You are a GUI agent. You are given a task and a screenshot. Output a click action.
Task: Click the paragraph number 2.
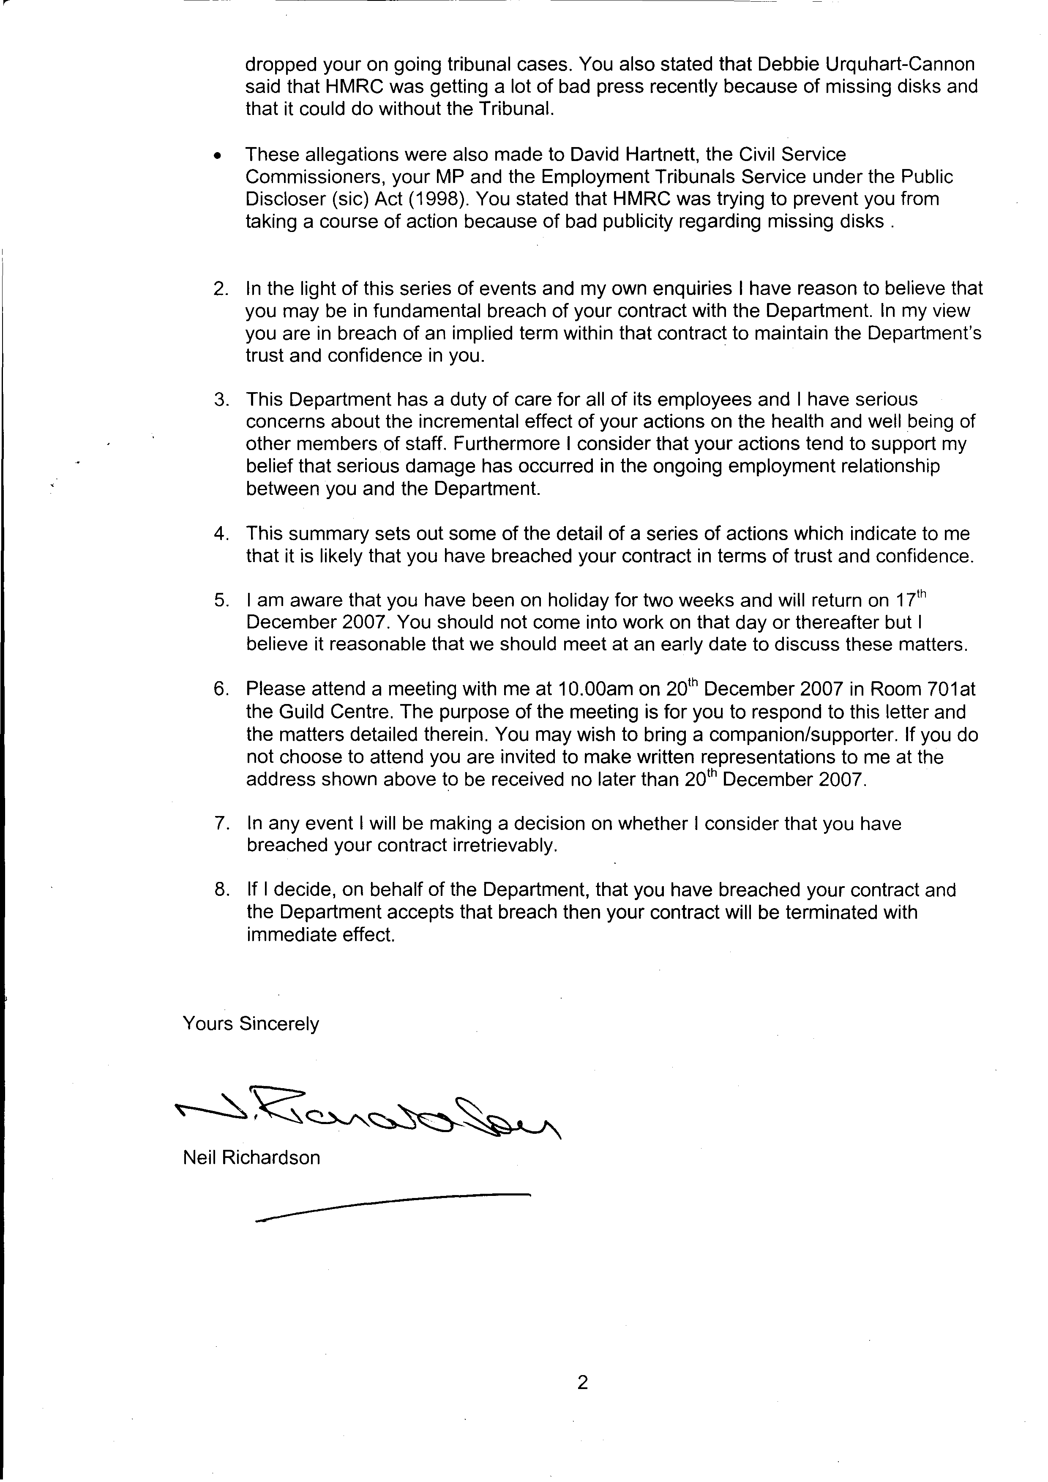[221, 289]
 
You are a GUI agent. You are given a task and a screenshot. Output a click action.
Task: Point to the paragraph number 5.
[221, 601]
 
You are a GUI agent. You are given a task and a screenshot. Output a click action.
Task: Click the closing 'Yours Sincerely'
[251, 1024]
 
